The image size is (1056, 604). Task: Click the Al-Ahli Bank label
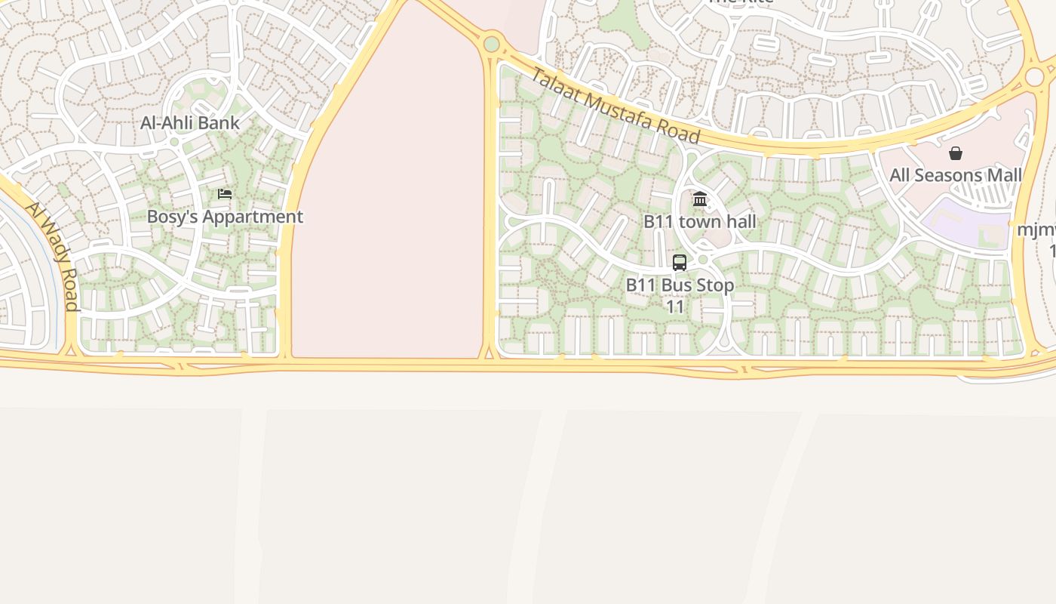[190, 123]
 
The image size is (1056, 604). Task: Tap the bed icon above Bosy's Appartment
[225, 194]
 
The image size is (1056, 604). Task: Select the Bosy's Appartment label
[225, 217]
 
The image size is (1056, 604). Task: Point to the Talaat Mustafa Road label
[615, 106]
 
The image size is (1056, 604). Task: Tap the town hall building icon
[700, 199]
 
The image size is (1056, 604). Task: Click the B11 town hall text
[699, 222]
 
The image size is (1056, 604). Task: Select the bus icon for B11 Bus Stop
[680, 263]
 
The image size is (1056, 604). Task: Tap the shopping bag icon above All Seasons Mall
[956, 154]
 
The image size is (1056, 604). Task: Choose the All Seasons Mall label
[956, 175]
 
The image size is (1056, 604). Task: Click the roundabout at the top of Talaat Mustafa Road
[492, 44]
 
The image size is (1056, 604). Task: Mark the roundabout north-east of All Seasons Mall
[1034, 76]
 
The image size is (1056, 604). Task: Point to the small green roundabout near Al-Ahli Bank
[174, 142]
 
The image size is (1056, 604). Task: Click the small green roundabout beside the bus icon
[703, 260]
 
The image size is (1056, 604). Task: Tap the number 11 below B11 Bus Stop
[675, 307]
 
